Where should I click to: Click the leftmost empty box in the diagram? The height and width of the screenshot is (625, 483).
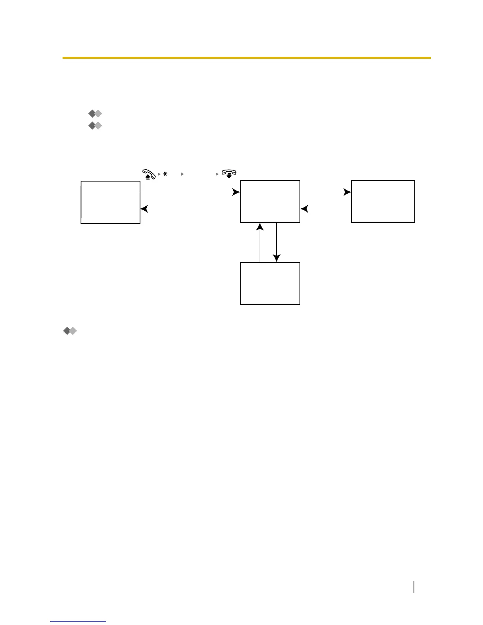click(110, 202)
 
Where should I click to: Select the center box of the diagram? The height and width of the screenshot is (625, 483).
click(270, 201)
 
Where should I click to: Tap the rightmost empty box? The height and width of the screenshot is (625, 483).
click(383, 201)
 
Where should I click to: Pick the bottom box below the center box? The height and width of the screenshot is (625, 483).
click(270, 283)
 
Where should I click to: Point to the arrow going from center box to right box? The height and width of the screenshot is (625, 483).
click(326, 192)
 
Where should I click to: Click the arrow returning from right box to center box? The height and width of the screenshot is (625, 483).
click(326, 209)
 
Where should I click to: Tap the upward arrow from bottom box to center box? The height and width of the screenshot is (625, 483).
click(260, 242)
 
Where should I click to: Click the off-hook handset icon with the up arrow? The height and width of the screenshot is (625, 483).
click(149, 174)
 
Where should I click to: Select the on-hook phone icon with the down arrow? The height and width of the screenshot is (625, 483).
click(229, 174)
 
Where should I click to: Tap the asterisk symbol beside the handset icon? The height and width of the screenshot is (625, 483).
click(165, 174)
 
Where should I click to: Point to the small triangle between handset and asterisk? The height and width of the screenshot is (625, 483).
click(159, 174)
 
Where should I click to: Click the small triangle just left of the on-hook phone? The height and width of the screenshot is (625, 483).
click(217, 174)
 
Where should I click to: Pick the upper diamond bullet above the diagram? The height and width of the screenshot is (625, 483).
click(95, 114)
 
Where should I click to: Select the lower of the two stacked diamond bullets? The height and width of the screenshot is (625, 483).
click(95, 126)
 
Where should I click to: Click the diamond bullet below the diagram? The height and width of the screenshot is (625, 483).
click(70, 331)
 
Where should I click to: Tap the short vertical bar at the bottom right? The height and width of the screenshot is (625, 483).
click(414, 586)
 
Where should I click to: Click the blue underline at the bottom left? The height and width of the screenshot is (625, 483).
click(78, 621)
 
